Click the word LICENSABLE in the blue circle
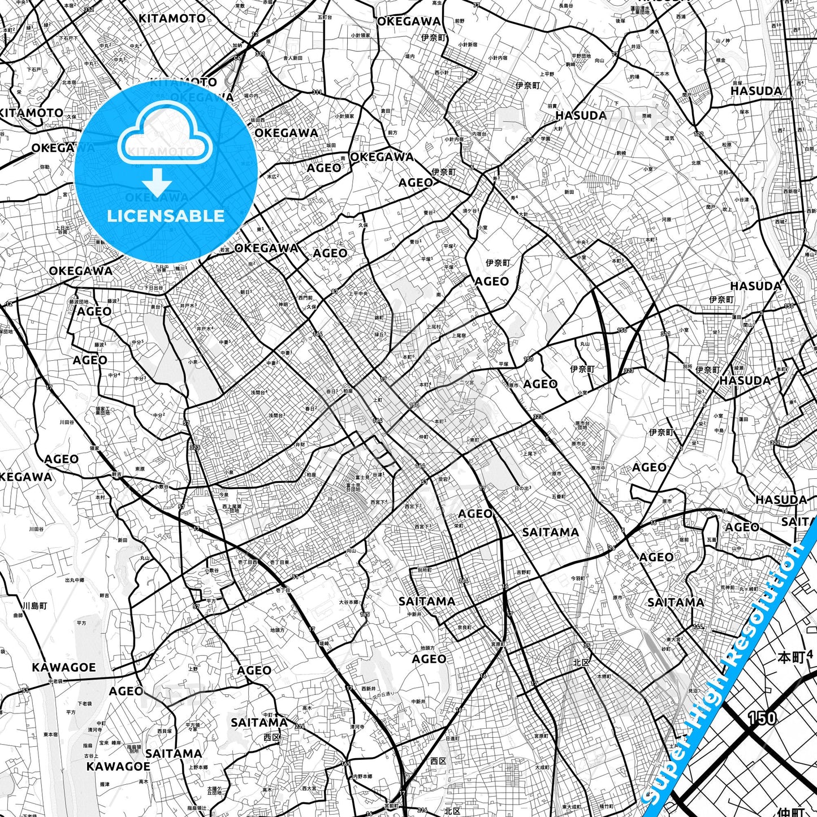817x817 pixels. [x=166, y=216]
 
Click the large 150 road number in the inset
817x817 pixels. [x=762, y=718]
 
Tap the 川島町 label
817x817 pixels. [x=34, y=606]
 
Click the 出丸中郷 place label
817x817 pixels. [x=75, y=580]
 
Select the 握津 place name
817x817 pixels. [x=105, y=784]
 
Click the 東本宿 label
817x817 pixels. [x=50, y=734]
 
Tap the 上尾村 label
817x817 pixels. [x=433, y=327]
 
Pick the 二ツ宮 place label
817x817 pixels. [x=466, y=382]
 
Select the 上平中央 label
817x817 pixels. [x=357, y=293]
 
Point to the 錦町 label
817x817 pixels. [x=379, y=318]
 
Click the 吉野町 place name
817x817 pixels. [x=524, y=572]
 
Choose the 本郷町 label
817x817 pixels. [x=604, y=676]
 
